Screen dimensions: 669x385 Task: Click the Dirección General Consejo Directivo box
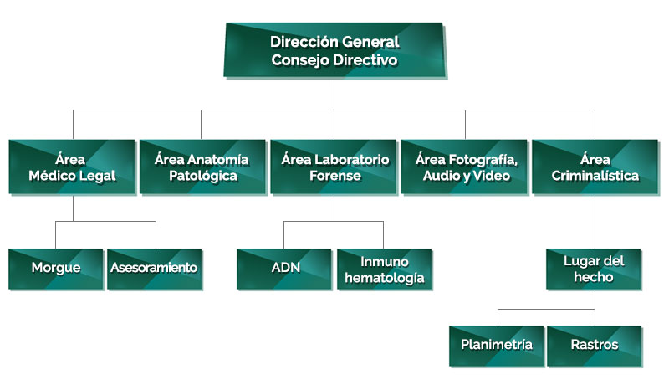coord(335,50)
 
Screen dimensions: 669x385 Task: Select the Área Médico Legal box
coord(72,167)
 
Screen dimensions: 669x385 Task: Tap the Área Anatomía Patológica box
coord(202,167)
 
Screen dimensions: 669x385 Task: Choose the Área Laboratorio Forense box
coord(334,167)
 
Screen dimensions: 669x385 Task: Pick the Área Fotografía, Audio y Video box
coord(465,167)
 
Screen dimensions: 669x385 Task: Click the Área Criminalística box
coord(595,167)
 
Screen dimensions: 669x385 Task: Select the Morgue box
coord(56,269)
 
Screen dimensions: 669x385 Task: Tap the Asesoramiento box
coord(155,269)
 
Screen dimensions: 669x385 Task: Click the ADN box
coord(284,269)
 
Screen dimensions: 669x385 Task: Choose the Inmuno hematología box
coord(385,269)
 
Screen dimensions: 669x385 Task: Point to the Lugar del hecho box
coord(594,269)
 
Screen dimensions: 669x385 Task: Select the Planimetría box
coord(497,346)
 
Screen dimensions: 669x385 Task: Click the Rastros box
coord(595,346)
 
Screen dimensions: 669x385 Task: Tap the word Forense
coord(335,176)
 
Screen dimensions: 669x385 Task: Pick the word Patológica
coord(203,176)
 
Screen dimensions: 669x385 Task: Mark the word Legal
coord(98,176)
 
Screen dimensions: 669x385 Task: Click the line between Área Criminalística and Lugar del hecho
coord(595,222)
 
